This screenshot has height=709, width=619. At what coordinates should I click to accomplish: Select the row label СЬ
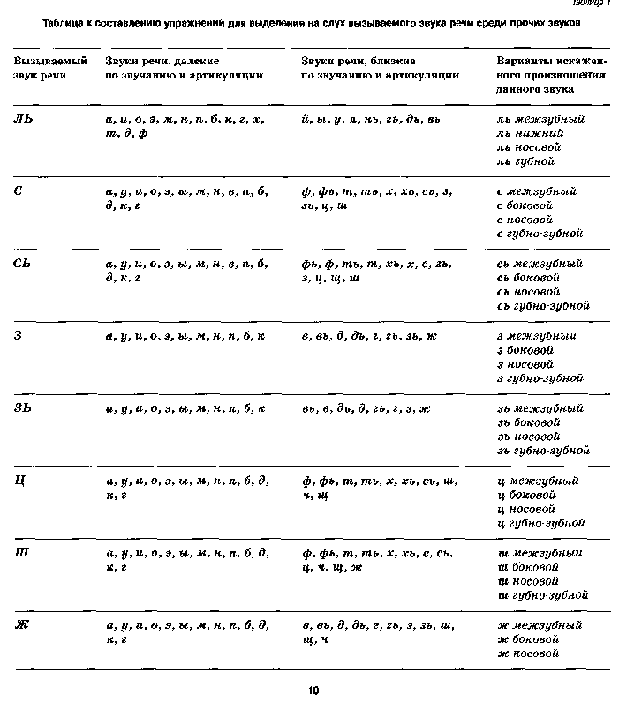pos(24,264)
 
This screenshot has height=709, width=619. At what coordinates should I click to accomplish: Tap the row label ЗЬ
pos(24,408)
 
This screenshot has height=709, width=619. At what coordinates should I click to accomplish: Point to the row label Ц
pos(19,481)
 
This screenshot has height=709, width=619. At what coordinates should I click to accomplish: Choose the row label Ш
pos(21,553)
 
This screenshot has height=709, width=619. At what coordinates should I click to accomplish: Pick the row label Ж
pos(21,625)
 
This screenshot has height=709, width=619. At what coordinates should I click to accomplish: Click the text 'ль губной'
pos(525,161)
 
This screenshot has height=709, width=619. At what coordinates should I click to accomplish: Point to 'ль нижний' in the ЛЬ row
pos(527,133)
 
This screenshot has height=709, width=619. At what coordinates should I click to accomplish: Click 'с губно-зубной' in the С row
pos(540,234)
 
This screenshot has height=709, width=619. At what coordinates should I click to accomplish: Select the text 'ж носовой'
pos(528,653)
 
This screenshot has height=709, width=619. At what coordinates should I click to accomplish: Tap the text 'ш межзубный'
pos(540,553)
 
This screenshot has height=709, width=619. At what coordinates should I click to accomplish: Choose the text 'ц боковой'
pos(529,495)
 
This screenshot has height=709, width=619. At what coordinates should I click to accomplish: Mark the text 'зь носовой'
pos(530,437)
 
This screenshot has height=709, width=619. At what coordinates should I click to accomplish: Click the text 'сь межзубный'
pos(540,264)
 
